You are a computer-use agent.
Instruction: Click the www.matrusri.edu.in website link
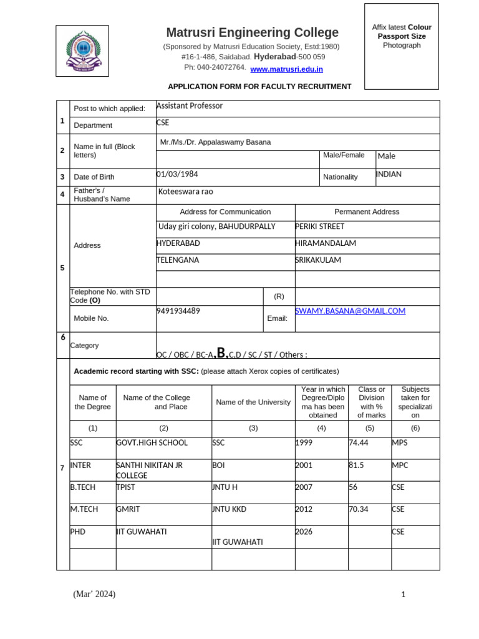click(x=286, y=69)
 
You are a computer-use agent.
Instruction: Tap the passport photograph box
click(x=402, y=46)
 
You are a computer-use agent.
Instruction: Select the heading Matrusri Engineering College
click(x=252, y=32)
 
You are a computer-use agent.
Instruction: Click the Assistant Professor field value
click(x=189, y=106)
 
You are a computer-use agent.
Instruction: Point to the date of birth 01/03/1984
click(x=177, y=175)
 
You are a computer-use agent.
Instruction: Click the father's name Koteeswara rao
click(x=185, y=192)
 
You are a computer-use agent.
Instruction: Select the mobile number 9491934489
click(x=178, y=311)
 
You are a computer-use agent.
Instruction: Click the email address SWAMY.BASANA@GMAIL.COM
click(x=350, y=311)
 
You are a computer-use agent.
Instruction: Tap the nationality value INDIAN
click(x=389, y=175)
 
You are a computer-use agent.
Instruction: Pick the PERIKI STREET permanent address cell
click(x=319, y=227)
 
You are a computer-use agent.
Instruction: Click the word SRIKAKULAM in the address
click(x=318, y=260)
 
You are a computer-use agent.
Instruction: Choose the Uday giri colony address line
click(x=215, y=227)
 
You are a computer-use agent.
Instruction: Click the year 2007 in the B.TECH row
click(x=304, y=487)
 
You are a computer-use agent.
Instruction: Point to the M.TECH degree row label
click(x=84, y=509)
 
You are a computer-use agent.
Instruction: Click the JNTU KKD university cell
click(x=230, y=509)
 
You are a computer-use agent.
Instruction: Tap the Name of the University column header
click(x=253, y=402)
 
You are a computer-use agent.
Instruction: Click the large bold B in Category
click(x=221, y=353)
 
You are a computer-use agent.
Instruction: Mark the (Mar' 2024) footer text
click(x=94, y=594)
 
